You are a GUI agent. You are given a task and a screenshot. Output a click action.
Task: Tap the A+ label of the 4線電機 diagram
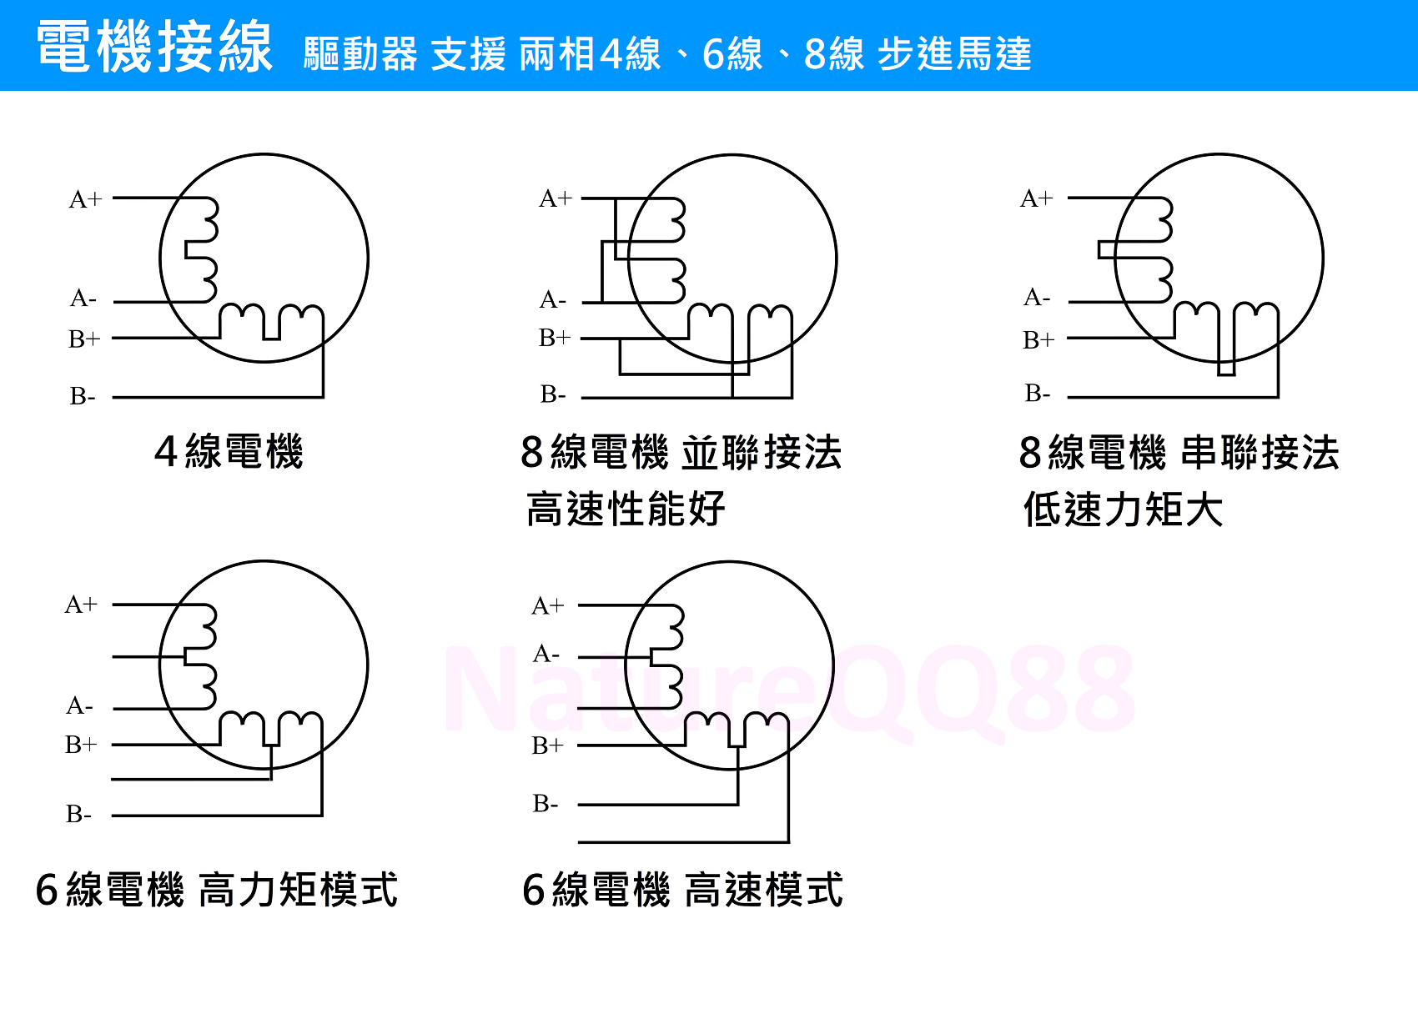click(85, 199)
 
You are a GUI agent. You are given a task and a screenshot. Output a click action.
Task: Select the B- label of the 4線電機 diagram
click(83, 396)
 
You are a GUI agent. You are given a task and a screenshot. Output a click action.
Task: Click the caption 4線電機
click(229, 452)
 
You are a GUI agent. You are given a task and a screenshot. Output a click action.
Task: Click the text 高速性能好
click(626, 509)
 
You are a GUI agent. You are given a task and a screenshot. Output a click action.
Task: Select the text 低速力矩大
click(1123, 509)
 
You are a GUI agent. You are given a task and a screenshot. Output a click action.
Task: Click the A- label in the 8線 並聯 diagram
click(553, 300)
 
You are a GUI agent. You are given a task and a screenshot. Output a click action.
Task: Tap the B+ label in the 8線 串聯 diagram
click(1038, 340)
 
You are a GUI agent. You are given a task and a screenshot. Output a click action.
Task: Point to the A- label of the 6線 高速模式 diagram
click(546, 653)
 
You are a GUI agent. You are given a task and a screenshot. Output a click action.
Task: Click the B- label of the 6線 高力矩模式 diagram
click(79, 814)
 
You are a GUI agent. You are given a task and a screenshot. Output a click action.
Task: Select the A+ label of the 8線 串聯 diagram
click(1037, 198)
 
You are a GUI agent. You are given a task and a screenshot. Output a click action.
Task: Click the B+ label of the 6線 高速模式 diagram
click(547, 746)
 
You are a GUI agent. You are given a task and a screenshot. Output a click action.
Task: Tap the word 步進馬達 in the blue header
click(954, 54)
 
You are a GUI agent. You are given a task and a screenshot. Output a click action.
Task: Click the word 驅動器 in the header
click(360, 54)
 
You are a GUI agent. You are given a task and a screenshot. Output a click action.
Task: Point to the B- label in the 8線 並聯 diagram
click(553, 395)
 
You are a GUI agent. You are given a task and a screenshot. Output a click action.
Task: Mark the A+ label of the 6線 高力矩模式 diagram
click(81, 605)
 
